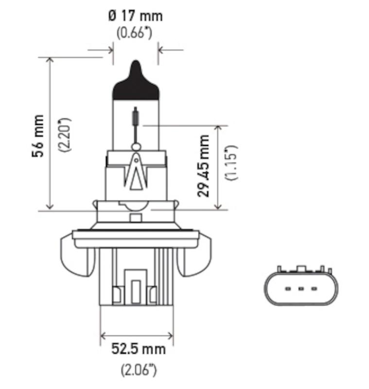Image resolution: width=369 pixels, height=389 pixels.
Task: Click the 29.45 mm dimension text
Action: click(x=204, y=165)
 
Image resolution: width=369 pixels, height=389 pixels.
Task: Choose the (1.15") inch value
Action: click(x=231, y=162)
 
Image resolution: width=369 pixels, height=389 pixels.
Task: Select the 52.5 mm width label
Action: click(x=138, y=349)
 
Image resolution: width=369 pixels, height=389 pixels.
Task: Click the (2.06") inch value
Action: click(x=138, y=370)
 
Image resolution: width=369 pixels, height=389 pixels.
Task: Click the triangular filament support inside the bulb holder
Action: click(x=137, y=173)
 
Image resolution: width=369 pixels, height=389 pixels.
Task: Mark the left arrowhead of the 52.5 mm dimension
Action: click(x=103, y=336)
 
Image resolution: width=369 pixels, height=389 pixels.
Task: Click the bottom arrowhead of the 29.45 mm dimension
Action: click(x=220, y=207)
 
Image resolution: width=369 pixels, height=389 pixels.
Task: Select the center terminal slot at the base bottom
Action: click(x=136, y=292)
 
